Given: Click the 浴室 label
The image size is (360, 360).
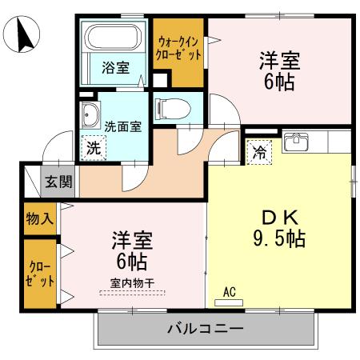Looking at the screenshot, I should pyautogui.click(x=114, y=69).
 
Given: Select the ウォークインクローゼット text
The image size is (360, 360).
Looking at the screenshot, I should pyautogui.click(x=178, y=50).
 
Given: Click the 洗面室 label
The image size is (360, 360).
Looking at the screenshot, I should pyautogui.click(x=122, y=126).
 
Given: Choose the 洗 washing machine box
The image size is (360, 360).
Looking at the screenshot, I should pyautogui.click(x=94, y=147).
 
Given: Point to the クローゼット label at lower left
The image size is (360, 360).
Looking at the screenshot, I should pyautogui.click(x=38, y=274).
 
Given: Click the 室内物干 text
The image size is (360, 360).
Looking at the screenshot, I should pyautogui.click(x=130, y=283).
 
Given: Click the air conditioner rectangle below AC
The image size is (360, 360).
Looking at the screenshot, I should pyautogui.click(x=229, y=302).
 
